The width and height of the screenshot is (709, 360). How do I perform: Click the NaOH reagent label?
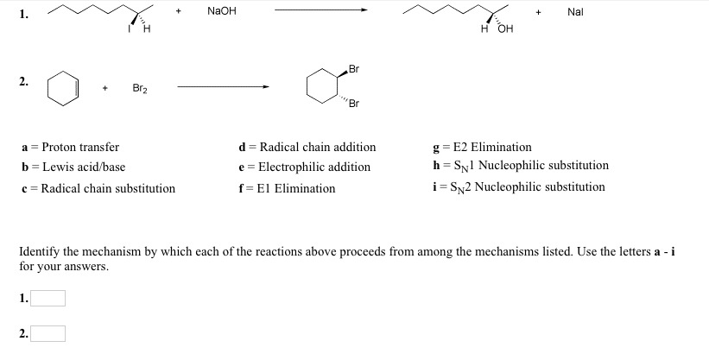click(222, 11)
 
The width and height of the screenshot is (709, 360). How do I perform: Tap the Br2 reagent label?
click(140, 87)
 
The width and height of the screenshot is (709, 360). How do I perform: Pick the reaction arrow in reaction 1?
click(320, 11)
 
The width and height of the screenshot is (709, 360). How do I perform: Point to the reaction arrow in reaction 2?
click(224, 86)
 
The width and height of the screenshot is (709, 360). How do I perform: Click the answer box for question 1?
click(49, 299)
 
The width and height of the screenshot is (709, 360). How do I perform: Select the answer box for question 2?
click(49, 333)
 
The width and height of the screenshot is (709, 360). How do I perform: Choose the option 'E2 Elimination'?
click(489, 147)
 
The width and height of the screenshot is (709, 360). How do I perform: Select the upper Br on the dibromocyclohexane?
click(354, 68)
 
